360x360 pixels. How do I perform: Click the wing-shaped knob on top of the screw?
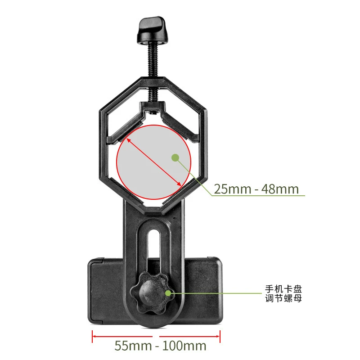coord(153,31)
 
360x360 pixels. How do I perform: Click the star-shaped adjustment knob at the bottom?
coord(150,294)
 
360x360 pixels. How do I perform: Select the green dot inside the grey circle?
coord(175,157)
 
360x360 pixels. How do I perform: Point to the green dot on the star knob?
coord(168,293)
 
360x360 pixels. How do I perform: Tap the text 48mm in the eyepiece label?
coord(280,189)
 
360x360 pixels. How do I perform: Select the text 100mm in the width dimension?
coord(183,346)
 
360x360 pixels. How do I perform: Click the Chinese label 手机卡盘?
coord(283,289)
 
